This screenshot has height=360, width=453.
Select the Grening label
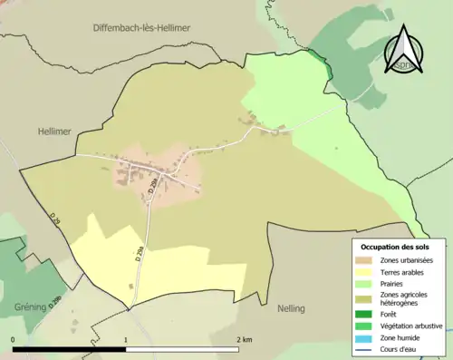(30, 307)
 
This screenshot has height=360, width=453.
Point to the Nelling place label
(291, 308)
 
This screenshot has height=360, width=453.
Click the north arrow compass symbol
(404, 49)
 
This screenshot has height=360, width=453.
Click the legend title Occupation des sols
(401, 247)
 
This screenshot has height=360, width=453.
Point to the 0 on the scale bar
(14, 340)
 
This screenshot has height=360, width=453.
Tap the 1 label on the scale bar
(125, 340)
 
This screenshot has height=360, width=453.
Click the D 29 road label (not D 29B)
(55, 219)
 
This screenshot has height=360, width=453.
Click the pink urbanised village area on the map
(145, 172)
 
